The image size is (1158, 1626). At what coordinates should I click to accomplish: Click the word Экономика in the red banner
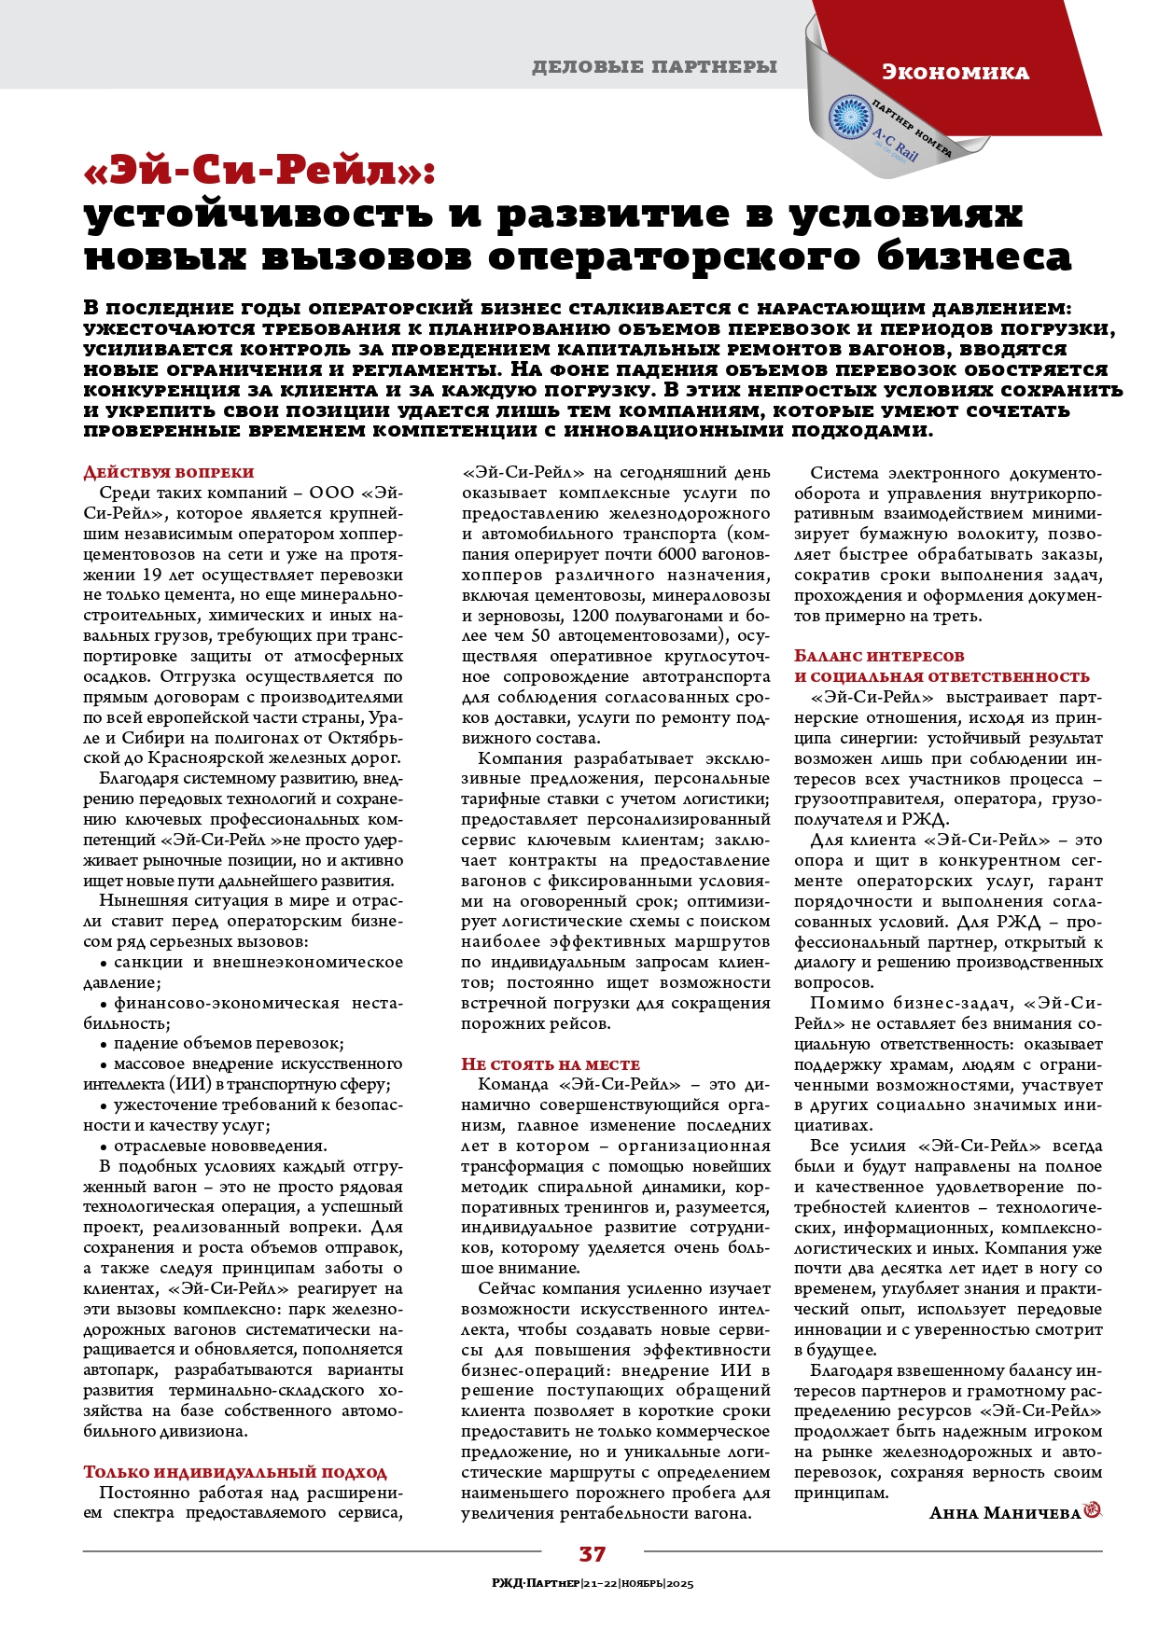tap(955, 72)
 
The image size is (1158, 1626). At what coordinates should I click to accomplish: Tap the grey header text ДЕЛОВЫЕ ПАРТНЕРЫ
tap(654, 66)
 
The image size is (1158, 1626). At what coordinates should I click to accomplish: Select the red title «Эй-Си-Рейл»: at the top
tap(259, 170)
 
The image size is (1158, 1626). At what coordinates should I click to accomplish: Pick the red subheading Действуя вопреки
tap(169, 472)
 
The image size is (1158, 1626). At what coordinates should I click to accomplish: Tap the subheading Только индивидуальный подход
tap(235, 1471)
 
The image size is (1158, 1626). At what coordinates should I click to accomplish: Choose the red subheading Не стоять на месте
tap(551, 1063)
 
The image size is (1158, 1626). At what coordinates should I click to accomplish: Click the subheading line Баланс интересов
tap(879, 656)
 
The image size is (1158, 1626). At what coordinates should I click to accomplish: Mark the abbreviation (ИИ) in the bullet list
tap(190, 1084)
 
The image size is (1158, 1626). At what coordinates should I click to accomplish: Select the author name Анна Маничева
tap(1004, 1512)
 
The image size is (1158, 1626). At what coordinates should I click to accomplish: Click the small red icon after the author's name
tap(1093, 1511)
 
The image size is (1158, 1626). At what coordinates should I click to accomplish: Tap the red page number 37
tap(593, 1553)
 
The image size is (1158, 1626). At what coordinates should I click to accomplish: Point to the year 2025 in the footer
tap(677, 1583)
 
